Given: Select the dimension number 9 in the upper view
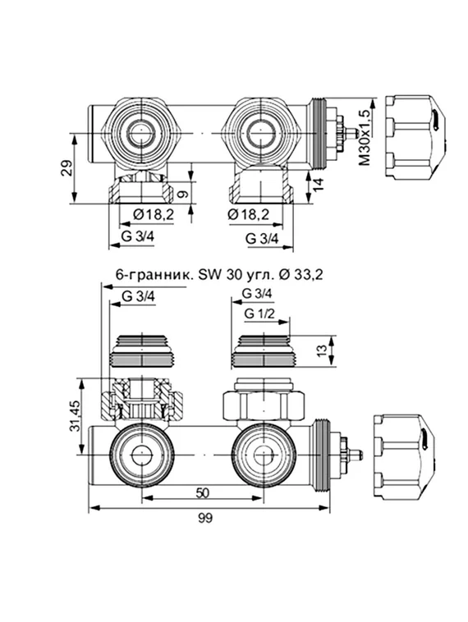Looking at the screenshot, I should [x=182, y=195].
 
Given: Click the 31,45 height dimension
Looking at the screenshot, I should [x=75, y=417].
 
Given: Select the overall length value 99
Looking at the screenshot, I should [x=209, y=519].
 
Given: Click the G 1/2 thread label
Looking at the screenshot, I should [x=259, y=314].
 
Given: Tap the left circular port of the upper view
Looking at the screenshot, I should [x=140, y=130].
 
